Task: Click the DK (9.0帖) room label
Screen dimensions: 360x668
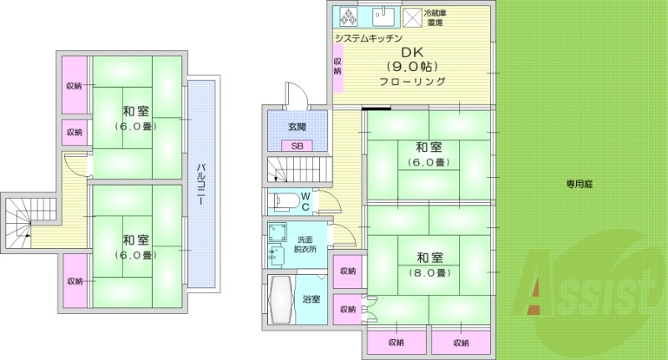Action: click(x=412, y=59)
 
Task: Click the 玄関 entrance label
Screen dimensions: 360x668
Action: click(x=297, y=128)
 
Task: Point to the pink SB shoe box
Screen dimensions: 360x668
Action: click(x=297, y=145)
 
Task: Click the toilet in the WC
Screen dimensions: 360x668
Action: click(x=283, y=200)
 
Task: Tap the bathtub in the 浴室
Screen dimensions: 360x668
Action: click(x=279, y=298)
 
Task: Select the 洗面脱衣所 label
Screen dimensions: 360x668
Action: click(x=306, y=244)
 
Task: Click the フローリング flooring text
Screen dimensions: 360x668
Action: click(x=412, y=82)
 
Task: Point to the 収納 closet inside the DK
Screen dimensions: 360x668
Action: click(x=338, y=66)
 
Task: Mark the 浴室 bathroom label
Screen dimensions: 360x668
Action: click(x=311, y=299)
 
